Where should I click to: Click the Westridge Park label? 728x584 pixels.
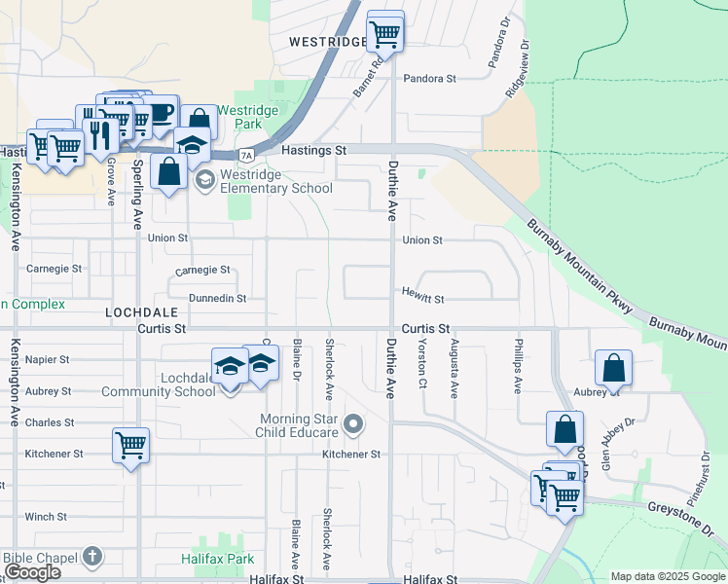coord(248,118)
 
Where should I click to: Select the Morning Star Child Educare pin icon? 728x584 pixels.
coord(354,424)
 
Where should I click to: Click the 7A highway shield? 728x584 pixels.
coord(247,155)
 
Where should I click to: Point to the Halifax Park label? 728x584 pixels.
coord(217,559)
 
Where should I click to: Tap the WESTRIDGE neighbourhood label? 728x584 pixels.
coord(328,42)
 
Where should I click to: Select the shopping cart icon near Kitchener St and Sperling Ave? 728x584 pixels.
coord(130,445)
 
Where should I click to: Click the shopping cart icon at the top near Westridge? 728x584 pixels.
coord(385,32)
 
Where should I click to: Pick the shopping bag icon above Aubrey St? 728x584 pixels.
coord(613,368)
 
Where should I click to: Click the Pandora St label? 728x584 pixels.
coord(430,78)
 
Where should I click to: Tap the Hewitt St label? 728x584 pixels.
coord(424,300)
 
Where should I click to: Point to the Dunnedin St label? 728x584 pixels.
coord(217,299)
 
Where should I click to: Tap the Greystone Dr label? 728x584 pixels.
coord(682,518)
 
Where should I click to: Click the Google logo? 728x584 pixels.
coord(33,572)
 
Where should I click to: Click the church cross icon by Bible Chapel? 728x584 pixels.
coord(91,557)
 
